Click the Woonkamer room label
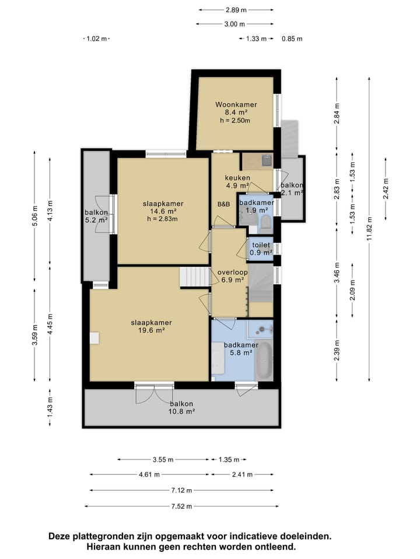(x=236, y=104)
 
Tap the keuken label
(x=237, y=178)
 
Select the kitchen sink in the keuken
(x=267, y=161)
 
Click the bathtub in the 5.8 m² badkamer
(x=264, y=360)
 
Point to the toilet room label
(x=261, y=245)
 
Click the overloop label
(x=233, y=273)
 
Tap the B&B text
(x=223, y=204)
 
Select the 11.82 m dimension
(x=369, y=228)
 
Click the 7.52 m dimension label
(x=181, y=506)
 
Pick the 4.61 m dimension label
(x=149, y=475)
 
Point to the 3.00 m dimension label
(x=235, y=24)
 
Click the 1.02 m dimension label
(x=96, y=38)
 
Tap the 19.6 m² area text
(x=151, y=330)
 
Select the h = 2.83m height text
(x=162, y=219)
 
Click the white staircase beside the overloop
(x=195, y=276)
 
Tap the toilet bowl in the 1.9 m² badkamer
(x=266, y=222)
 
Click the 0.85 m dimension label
(x=292, y=39)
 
